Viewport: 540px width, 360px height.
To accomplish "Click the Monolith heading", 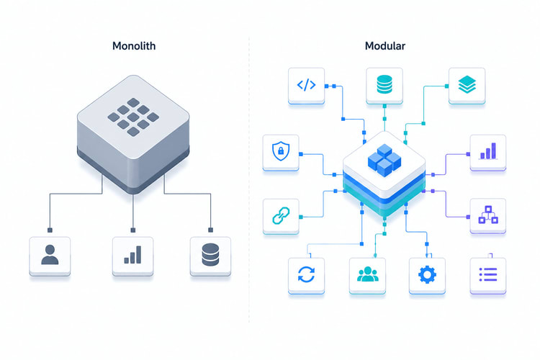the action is [134, 46].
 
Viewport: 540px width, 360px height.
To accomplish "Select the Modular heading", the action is [385, 46].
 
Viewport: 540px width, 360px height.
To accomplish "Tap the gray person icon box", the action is [50, 256].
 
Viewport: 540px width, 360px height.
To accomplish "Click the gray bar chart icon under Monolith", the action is [132, 255].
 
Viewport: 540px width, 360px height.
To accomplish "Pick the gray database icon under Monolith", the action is [210, 255].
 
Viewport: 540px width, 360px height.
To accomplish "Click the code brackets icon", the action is [306, 85].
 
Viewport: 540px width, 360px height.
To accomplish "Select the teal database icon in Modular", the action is [384, 85].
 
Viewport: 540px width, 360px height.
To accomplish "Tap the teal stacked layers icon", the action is [467, 85].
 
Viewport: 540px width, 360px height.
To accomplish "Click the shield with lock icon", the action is [281, 151].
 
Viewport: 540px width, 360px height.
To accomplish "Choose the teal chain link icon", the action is [281, 216].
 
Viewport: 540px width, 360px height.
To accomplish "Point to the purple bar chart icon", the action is [488, 151].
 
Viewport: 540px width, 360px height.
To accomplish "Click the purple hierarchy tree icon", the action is [488, 215].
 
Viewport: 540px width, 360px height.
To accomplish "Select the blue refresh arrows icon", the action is [306, 274].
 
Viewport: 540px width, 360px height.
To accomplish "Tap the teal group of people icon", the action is [367, 274].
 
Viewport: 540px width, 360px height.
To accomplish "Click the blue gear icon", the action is [427, 274].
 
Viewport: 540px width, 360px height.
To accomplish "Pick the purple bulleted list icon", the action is [488, 274].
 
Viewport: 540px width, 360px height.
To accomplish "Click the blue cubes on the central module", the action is [384, 160].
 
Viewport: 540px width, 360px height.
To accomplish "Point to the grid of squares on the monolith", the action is [133, 117].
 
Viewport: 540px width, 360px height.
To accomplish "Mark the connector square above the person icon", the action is [50, 230].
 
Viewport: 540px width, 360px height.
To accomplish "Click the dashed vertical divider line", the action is [249, 179].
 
